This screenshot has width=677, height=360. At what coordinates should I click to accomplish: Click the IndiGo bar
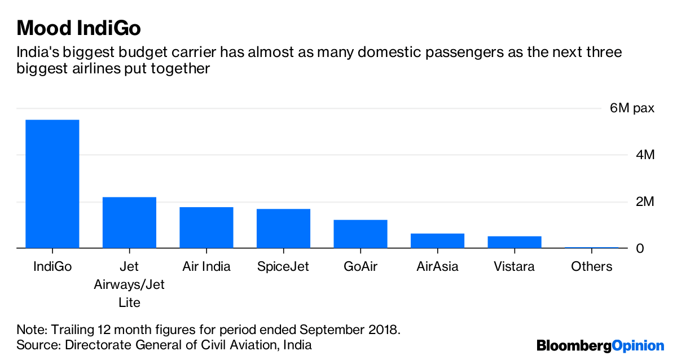[52, 184]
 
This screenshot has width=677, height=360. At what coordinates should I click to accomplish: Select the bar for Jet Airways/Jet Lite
[129, 222]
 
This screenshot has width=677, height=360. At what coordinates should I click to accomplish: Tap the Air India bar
[206, 227]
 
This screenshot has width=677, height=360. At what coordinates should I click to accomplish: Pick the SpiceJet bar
[283, 229]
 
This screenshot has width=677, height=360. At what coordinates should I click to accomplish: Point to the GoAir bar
[361, 234]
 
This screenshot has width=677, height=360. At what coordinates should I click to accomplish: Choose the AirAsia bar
[437, 240]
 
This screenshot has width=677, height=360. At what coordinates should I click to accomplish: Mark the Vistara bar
[515, 242]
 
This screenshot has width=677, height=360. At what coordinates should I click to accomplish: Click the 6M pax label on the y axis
[632, 108]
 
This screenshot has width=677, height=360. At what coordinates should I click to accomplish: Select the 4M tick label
[645, 155]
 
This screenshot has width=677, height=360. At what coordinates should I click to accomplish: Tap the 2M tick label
[645, 202]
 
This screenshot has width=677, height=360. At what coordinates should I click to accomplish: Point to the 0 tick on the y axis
[640, 249]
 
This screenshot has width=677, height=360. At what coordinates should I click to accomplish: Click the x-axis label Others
[591, 266]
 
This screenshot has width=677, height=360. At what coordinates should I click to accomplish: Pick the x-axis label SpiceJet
[283, 266]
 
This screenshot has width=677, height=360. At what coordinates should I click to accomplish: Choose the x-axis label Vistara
[514, 266]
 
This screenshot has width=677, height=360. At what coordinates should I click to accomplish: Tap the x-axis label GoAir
[361, 266]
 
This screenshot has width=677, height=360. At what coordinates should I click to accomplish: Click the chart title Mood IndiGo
[78, 28]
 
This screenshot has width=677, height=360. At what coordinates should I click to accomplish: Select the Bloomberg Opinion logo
[600, 345]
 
